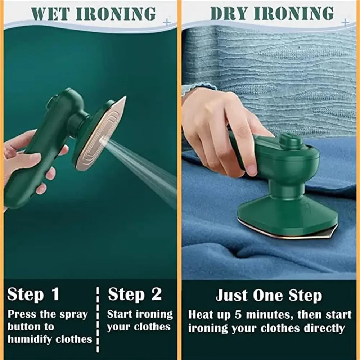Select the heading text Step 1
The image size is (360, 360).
33,294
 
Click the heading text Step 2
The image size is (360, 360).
135,294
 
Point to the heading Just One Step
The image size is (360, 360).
269,296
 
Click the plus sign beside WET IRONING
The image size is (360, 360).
166,22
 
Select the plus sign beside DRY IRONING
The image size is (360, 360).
345,22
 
